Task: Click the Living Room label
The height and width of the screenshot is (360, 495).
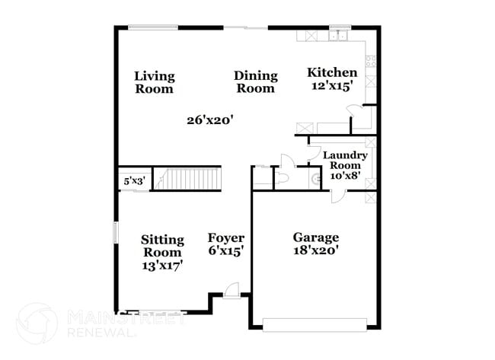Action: coord(155,82)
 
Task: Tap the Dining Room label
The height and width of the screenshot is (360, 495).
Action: coord(254,81)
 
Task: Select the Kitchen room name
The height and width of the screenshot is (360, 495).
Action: coord(331,72)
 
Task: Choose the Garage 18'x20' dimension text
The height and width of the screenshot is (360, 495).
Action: coord(316,250)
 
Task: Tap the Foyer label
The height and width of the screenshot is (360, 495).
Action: coord(226,238)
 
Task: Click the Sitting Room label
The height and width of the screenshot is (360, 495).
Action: coord(162,246)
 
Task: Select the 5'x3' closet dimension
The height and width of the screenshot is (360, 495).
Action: coord(134,182)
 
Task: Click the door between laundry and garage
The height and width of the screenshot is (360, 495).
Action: coord(337,196)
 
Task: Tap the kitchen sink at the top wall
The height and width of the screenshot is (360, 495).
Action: coord(338,36)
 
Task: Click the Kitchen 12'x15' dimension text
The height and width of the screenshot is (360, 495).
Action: coord(331,86)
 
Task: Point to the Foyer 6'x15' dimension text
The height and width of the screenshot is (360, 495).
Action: coord(226,250)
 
